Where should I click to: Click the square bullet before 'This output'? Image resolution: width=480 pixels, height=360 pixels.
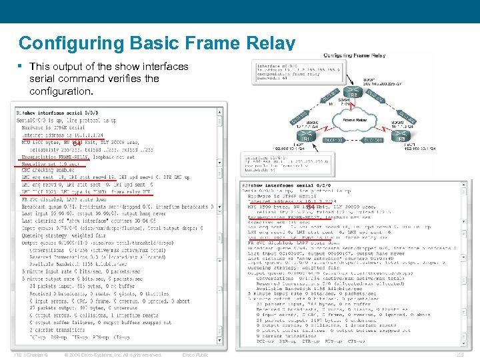point(21,67)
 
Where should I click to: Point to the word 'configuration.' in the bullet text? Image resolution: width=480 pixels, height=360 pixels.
point(64,91)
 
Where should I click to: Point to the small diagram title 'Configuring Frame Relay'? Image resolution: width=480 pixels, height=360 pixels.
point(355,55)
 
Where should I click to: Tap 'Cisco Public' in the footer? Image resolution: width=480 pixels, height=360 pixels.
point(195,355)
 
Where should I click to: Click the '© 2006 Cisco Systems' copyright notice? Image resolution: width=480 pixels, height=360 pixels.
point(113,355)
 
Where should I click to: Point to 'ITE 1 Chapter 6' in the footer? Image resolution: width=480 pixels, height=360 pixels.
point(30,355)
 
